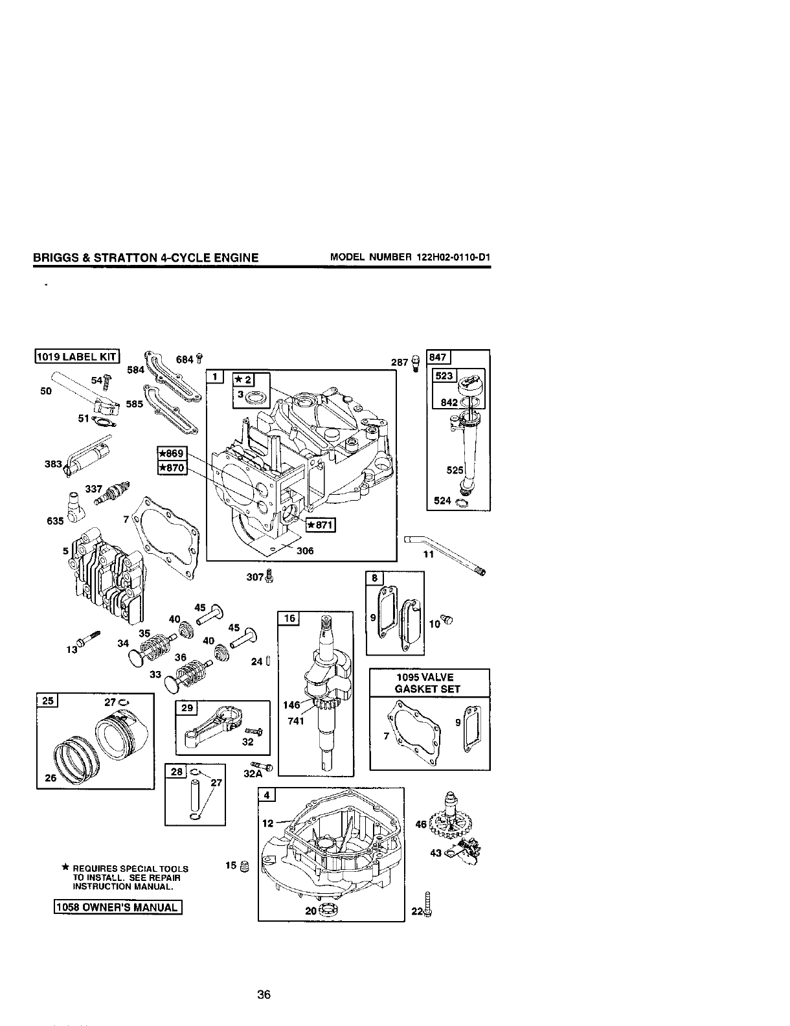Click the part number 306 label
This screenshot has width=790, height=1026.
point(304,551)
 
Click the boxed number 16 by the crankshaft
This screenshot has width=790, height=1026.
point(289,619)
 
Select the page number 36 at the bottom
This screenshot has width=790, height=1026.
point(264,995)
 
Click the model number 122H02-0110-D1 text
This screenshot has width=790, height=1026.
point(411,258)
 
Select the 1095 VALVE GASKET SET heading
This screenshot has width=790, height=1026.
point(429,683)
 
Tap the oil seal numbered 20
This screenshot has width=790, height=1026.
point(331,909)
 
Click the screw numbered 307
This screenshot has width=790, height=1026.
point(271,575)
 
